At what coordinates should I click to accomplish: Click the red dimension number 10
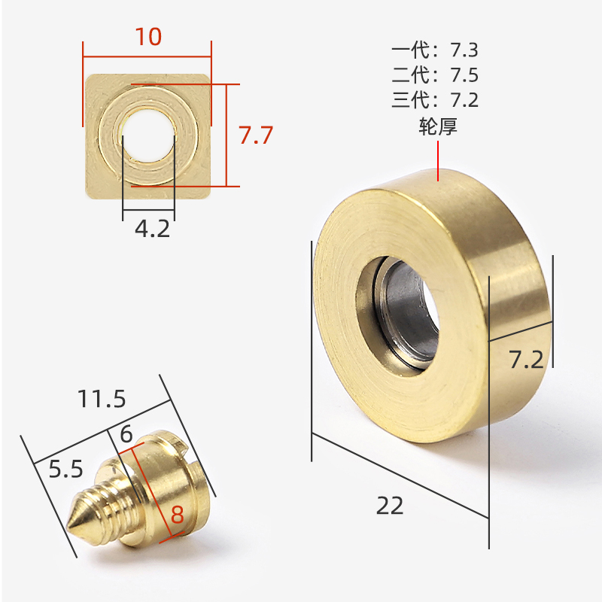(x=148, y=37)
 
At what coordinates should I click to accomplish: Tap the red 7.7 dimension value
(x=256, y=135)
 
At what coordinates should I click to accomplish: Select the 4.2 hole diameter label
(x=153, y=229)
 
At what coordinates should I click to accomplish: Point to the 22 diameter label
(x=390, y=505)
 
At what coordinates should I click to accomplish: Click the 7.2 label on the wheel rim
(x=526, y=360)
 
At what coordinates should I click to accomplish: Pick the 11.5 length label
(x=102, y=399)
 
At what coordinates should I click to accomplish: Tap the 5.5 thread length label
(x=65, y=469)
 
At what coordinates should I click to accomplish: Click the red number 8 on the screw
(x=178, y=515)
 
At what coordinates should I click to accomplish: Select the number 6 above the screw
(x=126, y=434)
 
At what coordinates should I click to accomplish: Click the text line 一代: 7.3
(x=435, y=50)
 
